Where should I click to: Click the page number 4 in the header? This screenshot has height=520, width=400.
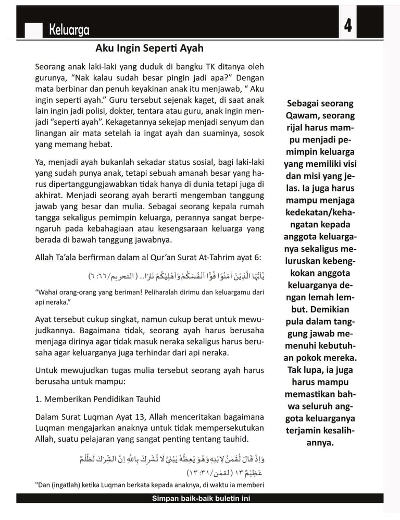pyautogui.click(x=347, y=25)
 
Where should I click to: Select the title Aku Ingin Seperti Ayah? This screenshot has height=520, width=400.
pyautogui.click(x=149, y=49)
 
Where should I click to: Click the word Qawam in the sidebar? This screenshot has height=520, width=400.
pyautogui.click(x=302, y=115)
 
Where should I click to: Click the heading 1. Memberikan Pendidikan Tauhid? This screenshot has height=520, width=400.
pyautogui.click(x=97, y=399)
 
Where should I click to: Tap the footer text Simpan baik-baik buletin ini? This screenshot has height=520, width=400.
pyautogui.click(x=201, y=499)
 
